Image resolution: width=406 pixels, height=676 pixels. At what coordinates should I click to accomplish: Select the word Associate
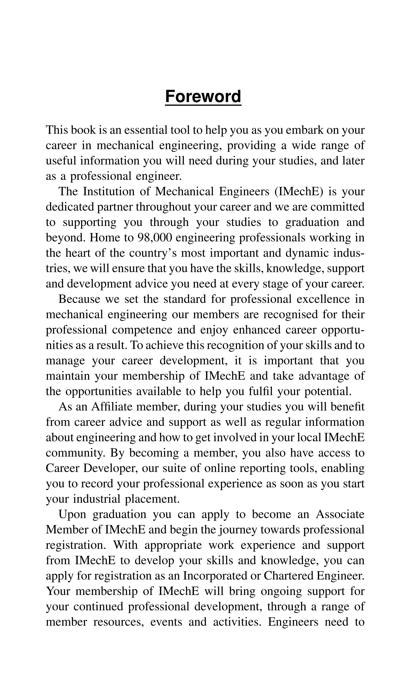click(x=340, y=514)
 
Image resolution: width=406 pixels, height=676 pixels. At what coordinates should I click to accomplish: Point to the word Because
click(x=79, y=299)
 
